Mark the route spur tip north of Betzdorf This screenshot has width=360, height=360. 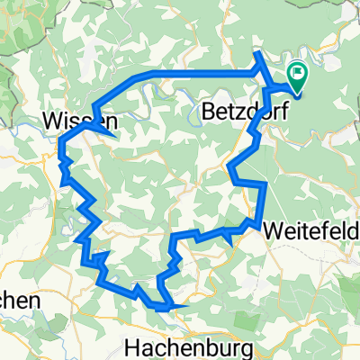[x=257, y=55]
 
